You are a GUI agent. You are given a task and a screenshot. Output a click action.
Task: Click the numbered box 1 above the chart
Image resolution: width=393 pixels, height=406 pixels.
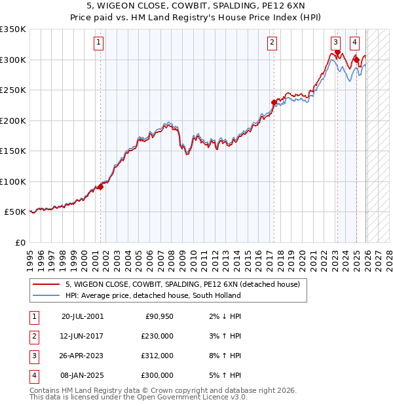98,43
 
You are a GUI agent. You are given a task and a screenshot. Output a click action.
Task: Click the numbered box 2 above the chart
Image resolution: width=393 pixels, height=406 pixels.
271,43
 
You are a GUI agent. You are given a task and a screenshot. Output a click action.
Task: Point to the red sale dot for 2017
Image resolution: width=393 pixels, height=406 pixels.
274,102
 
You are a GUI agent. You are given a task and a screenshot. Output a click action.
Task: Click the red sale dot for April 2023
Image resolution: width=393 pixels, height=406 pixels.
337,52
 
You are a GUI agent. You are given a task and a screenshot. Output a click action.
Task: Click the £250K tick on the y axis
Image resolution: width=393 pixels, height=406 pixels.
13,90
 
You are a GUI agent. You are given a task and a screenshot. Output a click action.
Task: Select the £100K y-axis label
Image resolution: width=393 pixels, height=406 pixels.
13,181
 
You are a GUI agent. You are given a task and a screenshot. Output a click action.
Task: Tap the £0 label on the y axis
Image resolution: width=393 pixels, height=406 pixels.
20,243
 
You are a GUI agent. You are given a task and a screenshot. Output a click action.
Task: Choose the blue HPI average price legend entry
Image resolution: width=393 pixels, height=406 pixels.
153,295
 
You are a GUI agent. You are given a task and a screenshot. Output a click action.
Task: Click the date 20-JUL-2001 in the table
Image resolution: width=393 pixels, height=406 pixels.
82,316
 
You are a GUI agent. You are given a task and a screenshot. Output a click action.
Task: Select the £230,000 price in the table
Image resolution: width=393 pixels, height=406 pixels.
157,336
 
